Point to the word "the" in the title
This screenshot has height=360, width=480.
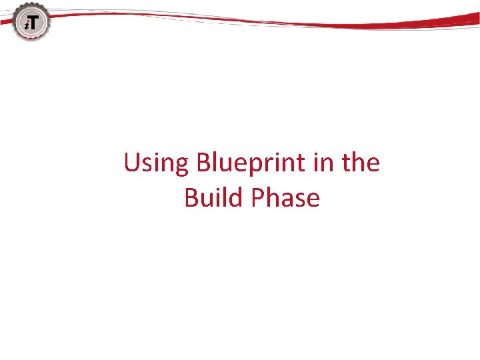[x=361, y=163]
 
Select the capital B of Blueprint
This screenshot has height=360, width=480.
[x=204, y=163]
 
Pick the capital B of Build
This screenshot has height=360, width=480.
[x=192, y=198]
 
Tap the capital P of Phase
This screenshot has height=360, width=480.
[x=259, y=198]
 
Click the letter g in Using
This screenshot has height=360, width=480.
[x=182, y=167]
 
